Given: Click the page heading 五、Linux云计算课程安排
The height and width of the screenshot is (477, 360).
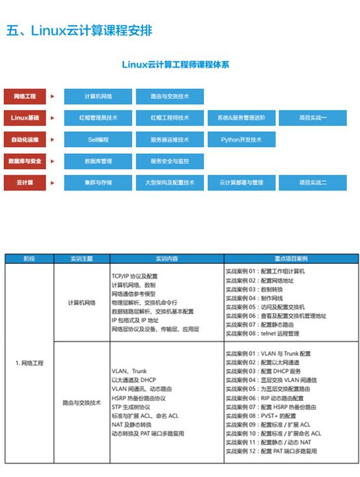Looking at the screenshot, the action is click(x=79, y=31).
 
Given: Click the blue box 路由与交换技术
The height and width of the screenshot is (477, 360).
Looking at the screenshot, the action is click(x=170, y=96).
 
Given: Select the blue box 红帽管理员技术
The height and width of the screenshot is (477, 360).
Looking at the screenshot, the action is click(x=98, y=118).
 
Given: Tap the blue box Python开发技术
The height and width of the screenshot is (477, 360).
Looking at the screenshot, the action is click(x=241, y=139).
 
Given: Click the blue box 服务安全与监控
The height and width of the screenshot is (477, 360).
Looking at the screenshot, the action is click(x=170, y=161).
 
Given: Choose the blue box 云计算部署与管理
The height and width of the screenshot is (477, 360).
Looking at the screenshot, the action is click(x=241, y=183).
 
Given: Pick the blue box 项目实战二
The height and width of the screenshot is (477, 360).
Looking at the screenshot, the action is click(x=313, y=183).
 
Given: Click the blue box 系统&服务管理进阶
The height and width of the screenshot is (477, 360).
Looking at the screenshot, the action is click(x=241, y=118).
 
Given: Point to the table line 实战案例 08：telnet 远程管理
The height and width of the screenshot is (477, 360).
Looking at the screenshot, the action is click(x=262, y=333).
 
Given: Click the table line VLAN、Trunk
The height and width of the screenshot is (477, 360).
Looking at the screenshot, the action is click(x=129, y=371).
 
